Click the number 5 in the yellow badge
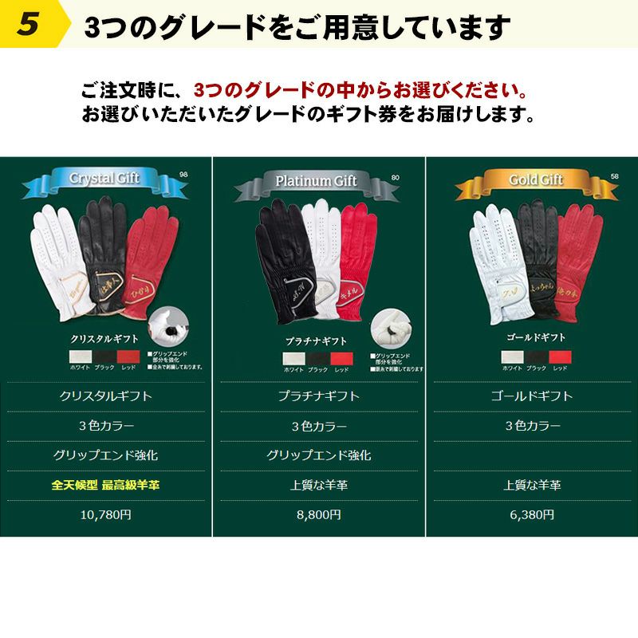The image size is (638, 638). pyautogui.click(x=28, y=24)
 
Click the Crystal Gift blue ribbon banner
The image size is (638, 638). pyautogui.click(x=105, y=179)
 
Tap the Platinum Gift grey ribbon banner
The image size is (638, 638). pyautogui.click(x=316, y=182)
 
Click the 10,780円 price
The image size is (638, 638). pyautogui.click(x=106, y=515)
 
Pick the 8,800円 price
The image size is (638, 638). pyautogui.click(x=319, y=515)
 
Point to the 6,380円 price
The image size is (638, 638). pyautogui.click(x=532, y=515)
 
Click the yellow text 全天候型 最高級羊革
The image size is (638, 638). pyautogui.click(x=106, y=485)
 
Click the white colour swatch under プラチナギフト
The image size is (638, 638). pyautogui.click(x=295, y=358)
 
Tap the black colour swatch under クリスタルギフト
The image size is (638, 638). pyautogui.click(x=106, y=356)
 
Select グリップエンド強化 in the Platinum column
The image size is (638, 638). pyautogui.click(x=319, y=455)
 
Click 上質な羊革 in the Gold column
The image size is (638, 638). pyautogui.click(x=532, y=485)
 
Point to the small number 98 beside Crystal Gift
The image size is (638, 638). pyautogui.click(x=183, y=175)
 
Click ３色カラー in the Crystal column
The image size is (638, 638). pyautogui.click(x=106, y=426)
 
